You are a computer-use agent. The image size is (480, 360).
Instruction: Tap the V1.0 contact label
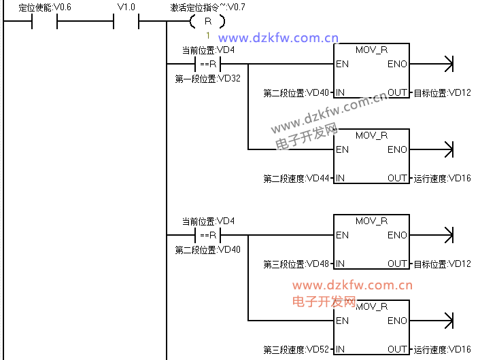tap(126, 7)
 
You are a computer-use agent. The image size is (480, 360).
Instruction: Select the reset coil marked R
tap(207, 22)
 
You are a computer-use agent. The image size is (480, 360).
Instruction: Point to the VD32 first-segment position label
tap(207, 78)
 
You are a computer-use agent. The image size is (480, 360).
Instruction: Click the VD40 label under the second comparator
tap(207, 249)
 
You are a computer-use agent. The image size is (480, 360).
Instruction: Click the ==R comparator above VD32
tap(207, 65)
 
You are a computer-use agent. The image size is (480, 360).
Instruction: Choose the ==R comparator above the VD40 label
tap(207, 236)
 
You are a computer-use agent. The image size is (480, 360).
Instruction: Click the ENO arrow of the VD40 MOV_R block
tap(447, 65)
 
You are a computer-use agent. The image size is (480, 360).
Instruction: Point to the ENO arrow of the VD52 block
tap(447, 320)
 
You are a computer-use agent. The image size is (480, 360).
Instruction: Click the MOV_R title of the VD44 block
tap(371, 136)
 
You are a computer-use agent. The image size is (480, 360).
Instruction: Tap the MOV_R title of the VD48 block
tap(371, 221)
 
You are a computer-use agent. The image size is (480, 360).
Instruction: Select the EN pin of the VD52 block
tap(342, 321)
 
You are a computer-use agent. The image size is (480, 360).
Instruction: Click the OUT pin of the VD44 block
tap(398, 179)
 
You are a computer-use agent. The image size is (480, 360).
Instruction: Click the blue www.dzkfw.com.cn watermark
tap(279, 38)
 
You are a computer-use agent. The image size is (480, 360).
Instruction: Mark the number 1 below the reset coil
tap(207, 35)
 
